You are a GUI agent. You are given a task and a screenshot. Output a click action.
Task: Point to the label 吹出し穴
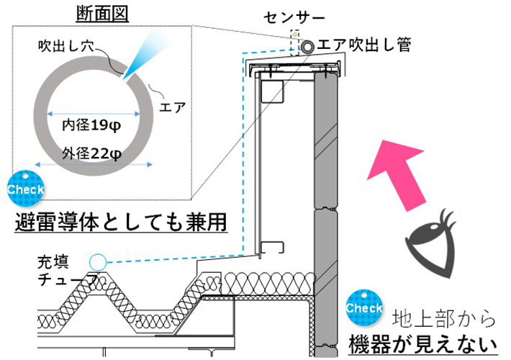click(67, 45)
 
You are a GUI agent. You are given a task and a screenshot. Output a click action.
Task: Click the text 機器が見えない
click(424, 341)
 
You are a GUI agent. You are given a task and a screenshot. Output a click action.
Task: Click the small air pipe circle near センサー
click(309, 46)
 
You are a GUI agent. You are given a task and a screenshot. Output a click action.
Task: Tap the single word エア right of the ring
click(175, 109)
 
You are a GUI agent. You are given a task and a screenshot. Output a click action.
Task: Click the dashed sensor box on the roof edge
click(294, 42)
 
